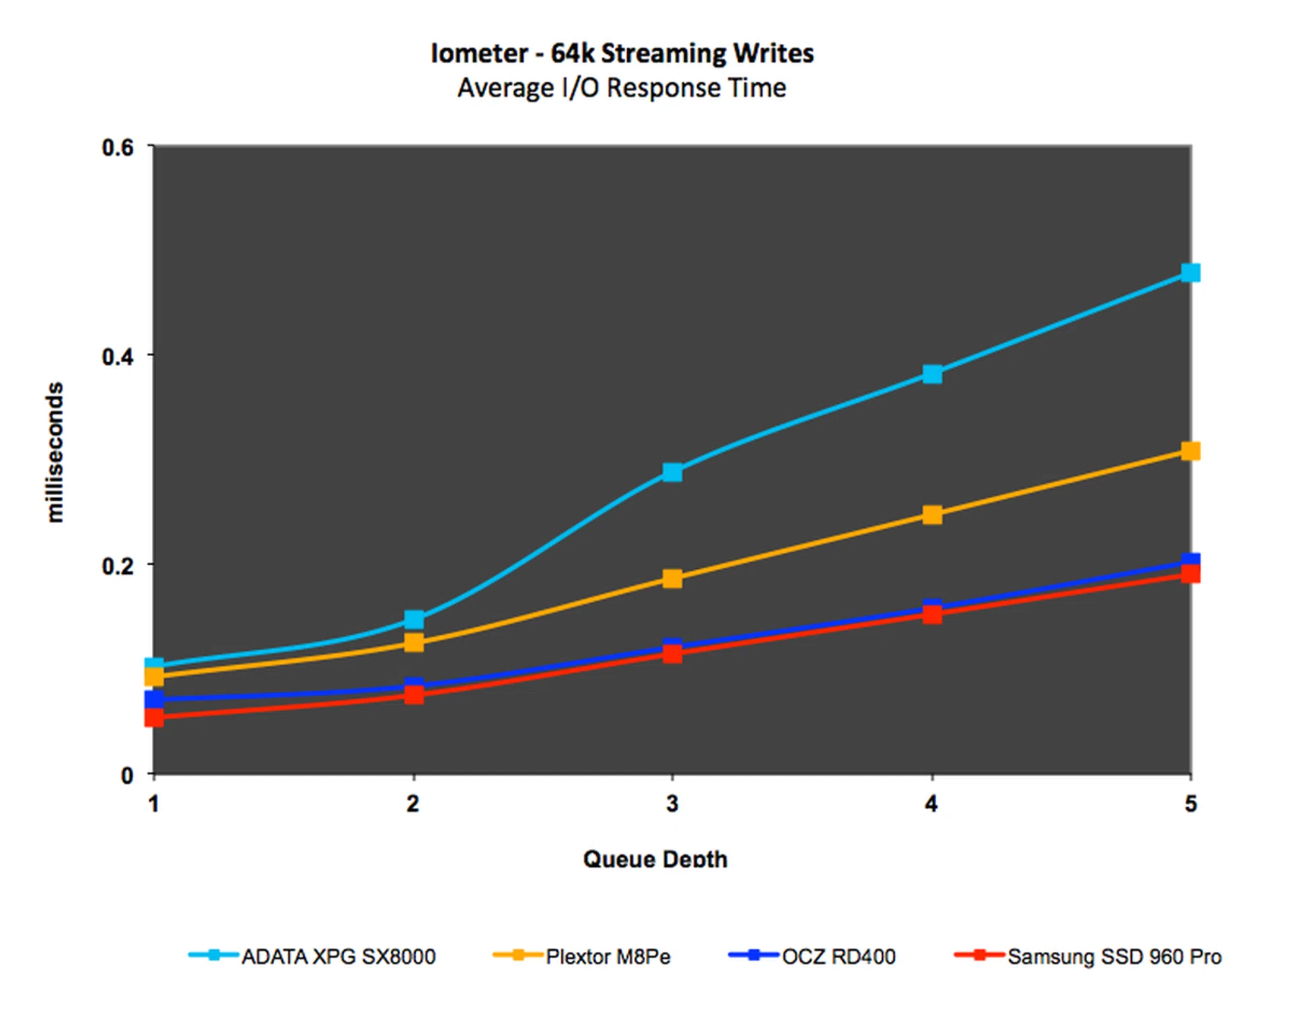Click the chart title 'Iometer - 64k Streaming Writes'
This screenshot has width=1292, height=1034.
click(x=622, y=53)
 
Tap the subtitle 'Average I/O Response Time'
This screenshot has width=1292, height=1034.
click(x=622, y=88)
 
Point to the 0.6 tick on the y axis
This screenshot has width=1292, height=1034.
click(x=118, y=147)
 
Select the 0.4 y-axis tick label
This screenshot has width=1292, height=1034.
click(x=118, y=356)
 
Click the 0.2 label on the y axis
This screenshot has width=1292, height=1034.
click(x=118, y=565)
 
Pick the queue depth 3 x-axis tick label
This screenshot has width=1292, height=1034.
click(x=672, y=804)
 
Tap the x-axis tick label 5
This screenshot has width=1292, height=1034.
click(x=1190, y=804)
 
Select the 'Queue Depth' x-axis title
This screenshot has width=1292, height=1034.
click(x=655, y=859)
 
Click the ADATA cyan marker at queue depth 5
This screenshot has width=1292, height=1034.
click(x=1190, y=273)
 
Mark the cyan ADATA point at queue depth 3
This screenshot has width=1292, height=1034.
click(x=672, y=472)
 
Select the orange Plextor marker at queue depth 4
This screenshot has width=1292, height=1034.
click(x=932, y=515)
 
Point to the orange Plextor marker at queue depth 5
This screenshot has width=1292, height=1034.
click(x=1190, y=451)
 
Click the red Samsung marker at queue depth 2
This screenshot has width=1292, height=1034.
click(x=414, y=695)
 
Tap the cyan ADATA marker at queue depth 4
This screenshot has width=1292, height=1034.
click(x=932, y=374)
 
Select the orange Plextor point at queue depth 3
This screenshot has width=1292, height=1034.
click(x=672, y=578)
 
